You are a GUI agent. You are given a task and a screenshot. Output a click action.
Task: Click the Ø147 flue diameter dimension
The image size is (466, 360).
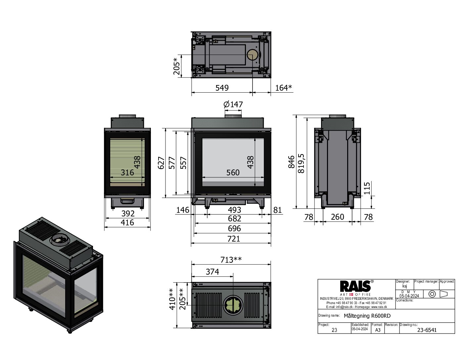pos(233,105)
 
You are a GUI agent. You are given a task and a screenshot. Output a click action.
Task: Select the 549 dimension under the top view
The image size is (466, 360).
pos(222,88)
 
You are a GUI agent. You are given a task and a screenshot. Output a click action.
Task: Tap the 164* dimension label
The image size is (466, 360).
pos(283,88)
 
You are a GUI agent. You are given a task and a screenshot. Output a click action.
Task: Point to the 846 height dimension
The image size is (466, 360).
pos(291,162)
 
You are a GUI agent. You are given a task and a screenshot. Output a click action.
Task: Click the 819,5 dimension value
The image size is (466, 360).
pos(301,163)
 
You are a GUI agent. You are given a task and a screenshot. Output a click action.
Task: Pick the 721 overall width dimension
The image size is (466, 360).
pos(233,239)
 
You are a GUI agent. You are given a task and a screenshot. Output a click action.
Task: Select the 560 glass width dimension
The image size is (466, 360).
pos(233,172)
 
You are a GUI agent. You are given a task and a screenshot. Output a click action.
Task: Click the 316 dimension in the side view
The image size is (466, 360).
pos(127,172)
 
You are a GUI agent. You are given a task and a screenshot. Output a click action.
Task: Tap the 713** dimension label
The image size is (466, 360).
pos(231,260)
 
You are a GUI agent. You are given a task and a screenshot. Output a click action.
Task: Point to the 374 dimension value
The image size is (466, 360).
pos(212,272)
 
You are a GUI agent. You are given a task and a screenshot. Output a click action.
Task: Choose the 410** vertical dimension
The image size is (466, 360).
pos(172,299)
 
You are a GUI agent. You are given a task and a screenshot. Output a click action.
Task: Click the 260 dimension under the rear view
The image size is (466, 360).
pos(337,217)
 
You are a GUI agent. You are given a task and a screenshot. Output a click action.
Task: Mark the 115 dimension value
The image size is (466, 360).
pos(367,188)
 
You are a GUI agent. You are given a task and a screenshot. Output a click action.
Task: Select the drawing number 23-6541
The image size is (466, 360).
pos(427,330)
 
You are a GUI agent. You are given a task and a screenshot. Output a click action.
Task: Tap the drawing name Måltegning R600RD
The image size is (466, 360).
pos(367,316)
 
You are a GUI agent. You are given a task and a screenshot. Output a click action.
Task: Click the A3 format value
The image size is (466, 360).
pos(378,330)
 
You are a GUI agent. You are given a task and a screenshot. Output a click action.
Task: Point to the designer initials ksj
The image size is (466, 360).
pos(404,286)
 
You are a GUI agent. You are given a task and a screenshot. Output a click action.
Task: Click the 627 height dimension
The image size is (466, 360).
pos(161,163)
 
